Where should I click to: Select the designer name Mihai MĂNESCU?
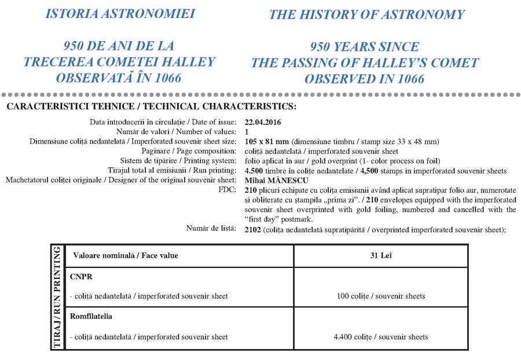(277, 180)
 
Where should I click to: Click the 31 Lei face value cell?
(380, 255)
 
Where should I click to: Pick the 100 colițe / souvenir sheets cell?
(380, 296)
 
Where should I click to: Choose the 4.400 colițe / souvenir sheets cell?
(380, 337)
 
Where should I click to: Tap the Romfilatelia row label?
(91, 317)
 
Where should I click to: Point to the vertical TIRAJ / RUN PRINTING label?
(57, 297)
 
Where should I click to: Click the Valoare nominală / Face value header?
(125, 255)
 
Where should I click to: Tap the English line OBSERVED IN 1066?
(364, 79)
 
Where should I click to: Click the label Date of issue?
(209, 122)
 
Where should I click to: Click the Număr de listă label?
(211, 229)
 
